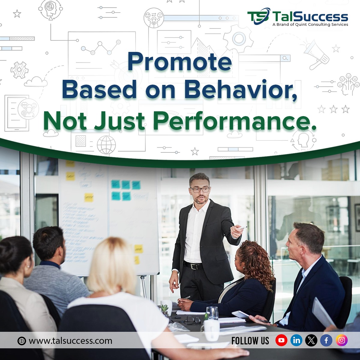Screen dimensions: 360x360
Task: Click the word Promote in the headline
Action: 180,62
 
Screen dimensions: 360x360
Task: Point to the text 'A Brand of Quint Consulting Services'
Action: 310,25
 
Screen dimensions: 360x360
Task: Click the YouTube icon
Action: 281,340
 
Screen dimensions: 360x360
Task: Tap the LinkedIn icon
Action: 296,340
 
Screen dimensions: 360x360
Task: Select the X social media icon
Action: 311,340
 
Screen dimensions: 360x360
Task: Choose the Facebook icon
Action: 326,340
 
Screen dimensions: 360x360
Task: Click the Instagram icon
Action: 342,340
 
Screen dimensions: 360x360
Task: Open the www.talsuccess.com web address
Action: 70,341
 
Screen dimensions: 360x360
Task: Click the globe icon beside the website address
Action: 22,341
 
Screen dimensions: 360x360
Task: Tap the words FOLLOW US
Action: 250,341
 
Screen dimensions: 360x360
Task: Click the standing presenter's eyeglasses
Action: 200,190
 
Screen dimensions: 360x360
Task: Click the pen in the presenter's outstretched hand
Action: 243,228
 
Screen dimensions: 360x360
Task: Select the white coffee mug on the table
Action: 212,329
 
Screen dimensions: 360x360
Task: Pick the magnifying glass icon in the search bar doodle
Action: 286,58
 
